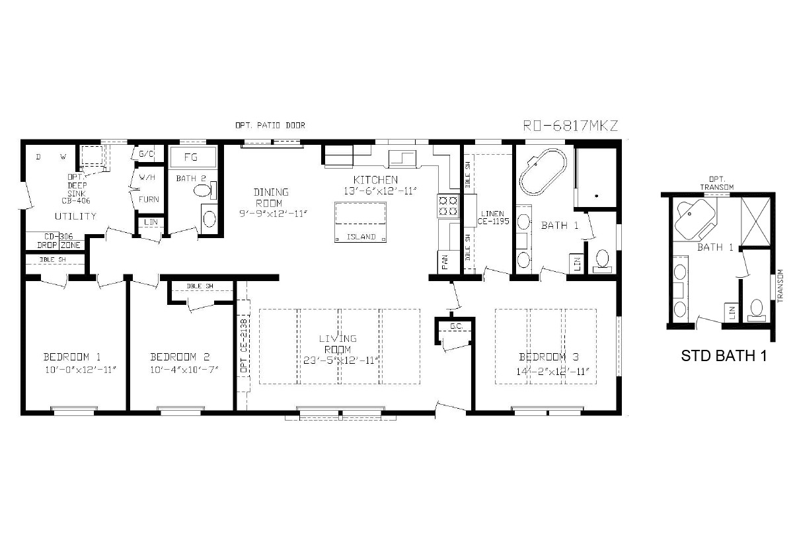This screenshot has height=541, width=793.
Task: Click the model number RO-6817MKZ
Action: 570,126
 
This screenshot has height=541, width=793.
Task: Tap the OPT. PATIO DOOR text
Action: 270,125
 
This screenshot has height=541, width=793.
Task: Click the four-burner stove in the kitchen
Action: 448,205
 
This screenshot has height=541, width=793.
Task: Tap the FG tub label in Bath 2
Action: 191,157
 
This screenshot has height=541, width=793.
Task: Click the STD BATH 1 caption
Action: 724,356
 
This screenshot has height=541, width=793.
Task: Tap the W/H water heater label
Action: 145,178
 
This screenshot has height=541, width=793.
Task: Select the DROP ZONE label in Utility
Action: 55,245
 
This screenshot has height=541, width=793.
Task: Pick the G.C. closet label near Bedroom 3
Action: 456,327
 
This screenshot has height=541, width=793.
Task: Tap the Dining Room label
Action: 271,196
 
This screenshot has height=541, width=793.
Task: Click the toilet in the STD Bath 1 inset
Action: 757,309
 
